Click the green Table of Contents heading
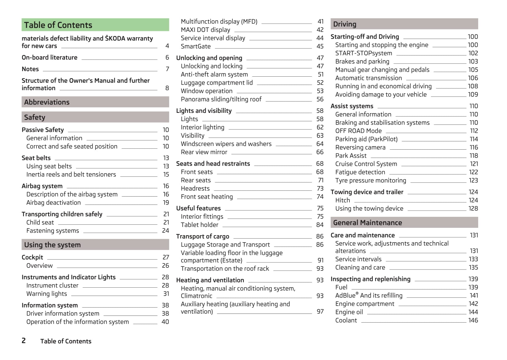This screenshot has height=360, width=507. point(58,25)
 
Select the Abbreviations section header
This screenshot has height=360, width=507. point(47,102)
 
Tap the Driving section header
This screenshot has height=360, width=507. point(345,24)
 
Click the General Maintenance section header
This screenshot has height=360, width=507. point(367,223)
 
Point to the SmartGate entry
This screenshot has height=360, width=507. point(196,47)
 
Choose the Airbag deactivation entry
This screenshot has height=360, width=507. point(53,203)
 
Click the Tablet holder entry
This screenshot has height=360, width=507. point(200,225)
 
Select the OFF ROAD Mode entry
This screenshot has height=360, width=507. point(358,131)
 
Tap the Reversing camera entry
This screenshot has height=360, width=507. point(360,147)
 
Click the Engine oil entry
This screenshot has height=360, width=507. point(349,312)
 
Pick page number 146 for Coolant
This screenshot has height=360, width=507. point(473,320)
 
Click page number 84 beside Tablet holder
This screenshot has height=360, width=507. point(320,225)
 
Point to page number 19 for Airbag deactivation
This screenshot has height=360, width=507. point(166,203)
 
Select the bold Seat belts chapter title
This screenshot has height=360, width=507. point(36,158)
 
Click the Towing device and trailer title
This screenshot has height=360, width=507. point(367,192)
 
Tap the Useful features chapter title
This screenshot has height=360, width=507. point(198,208)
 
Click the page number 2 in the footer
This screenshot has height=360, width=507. point(24,341)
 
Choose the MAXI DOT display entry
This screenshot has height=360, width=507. point(205,30)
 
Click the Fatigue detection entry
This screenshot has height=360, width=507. point(360,172)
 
